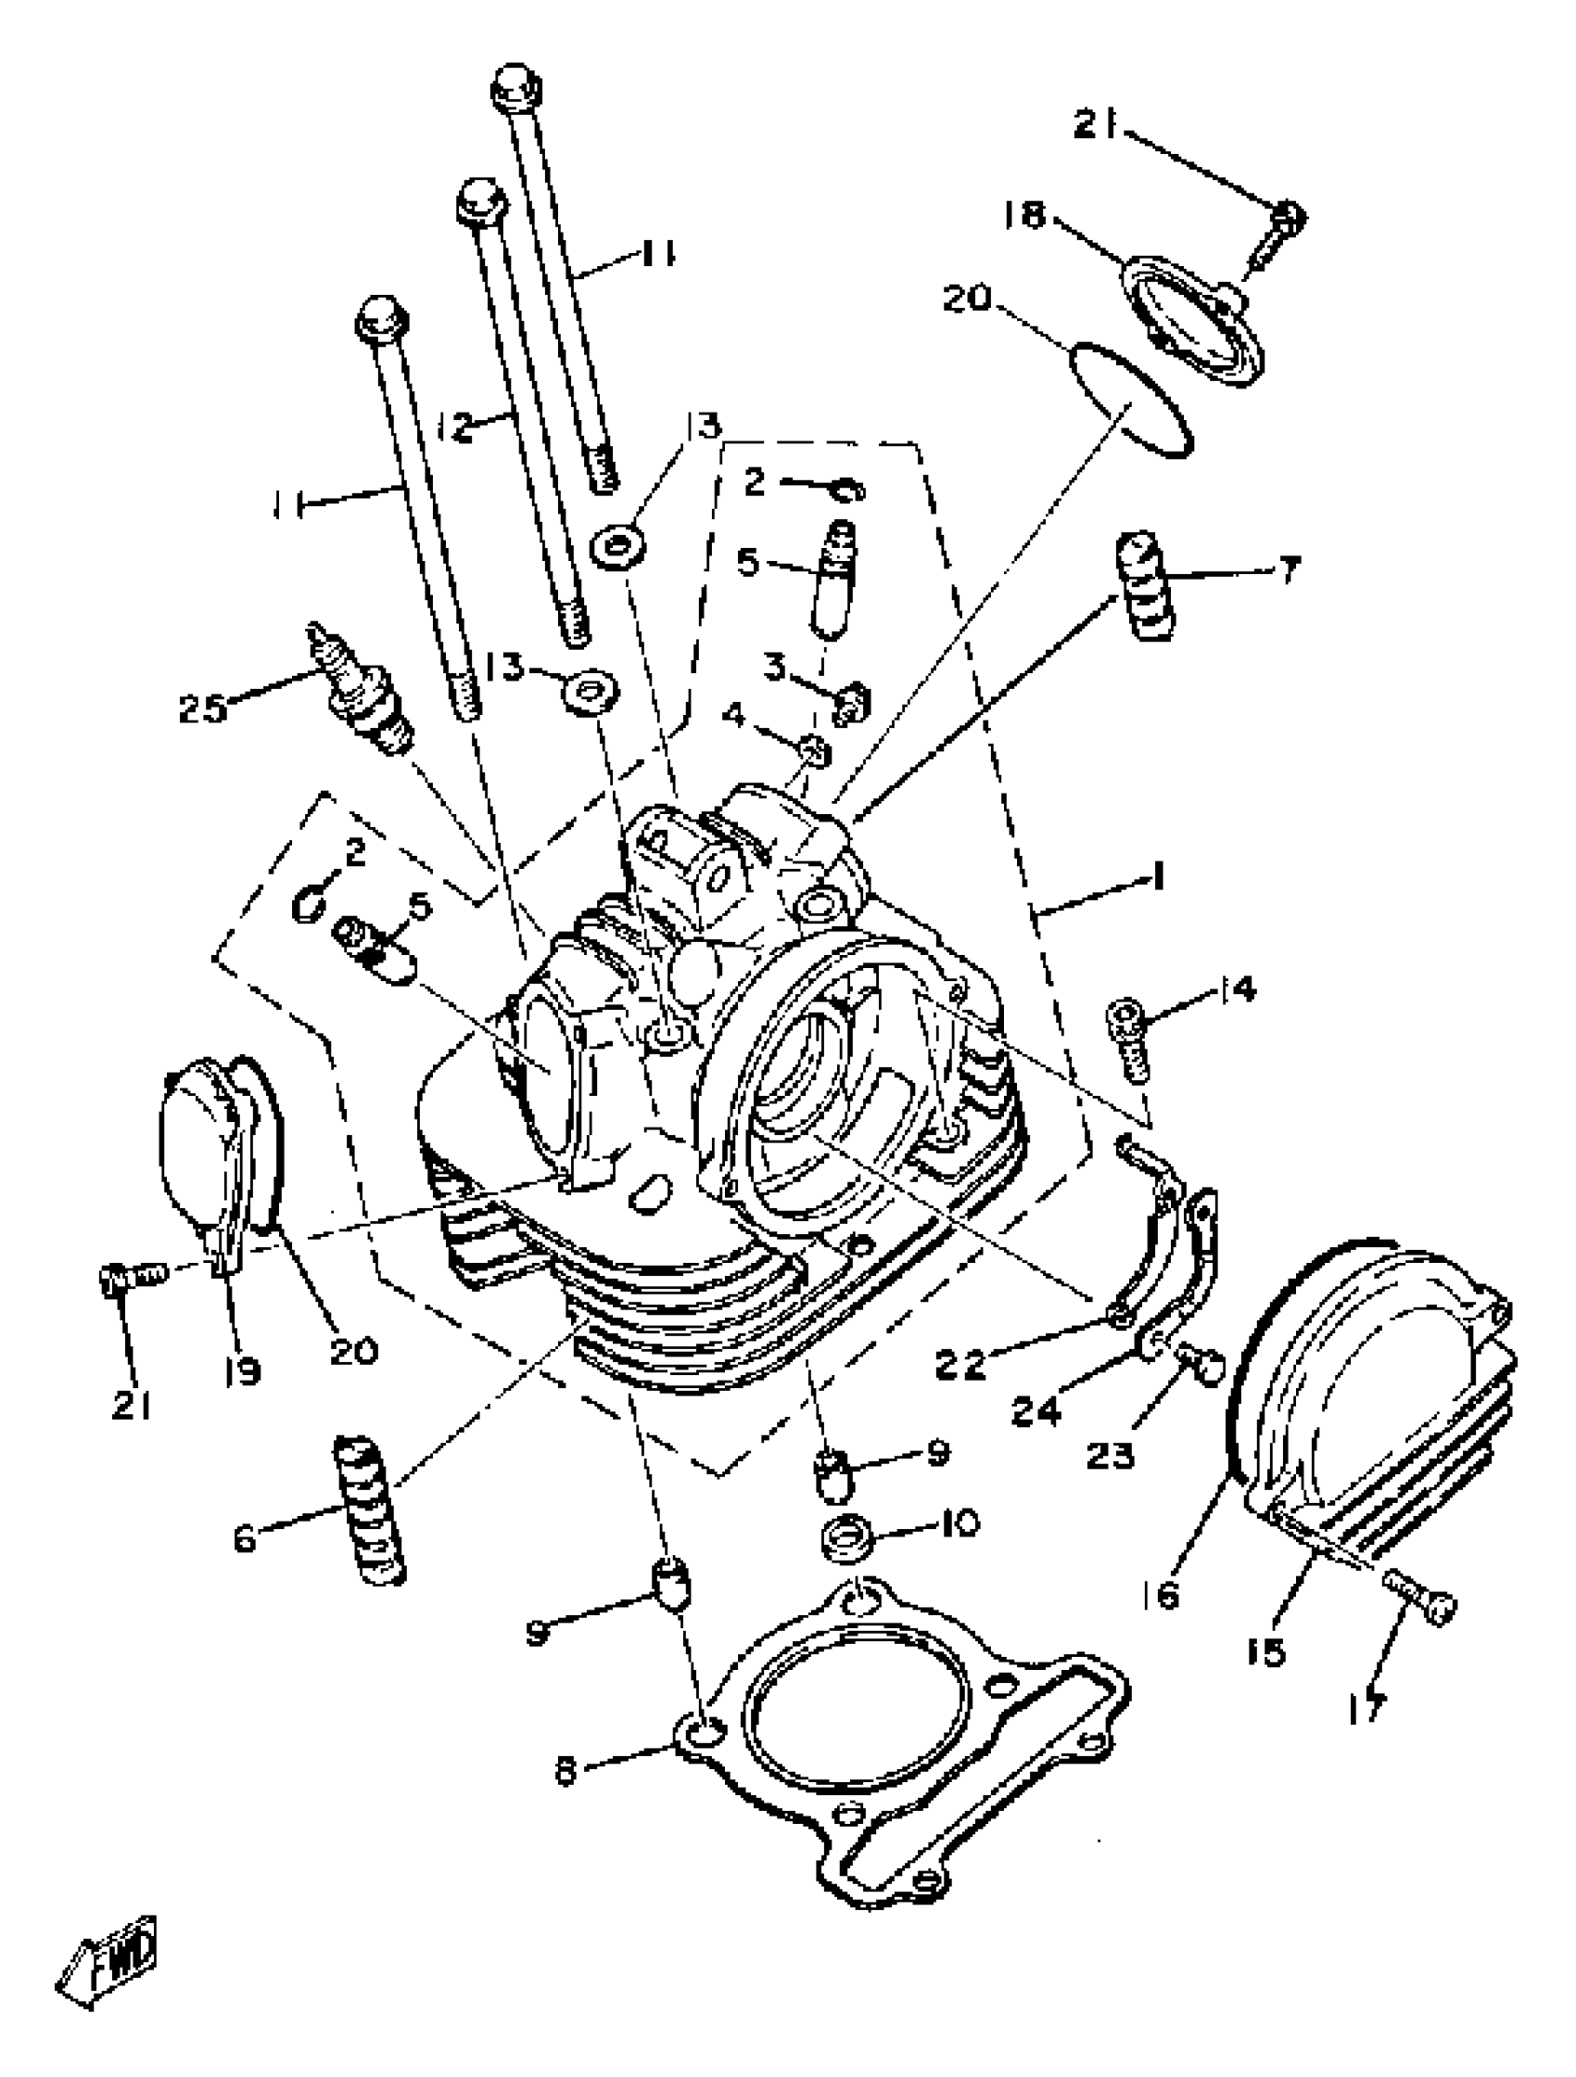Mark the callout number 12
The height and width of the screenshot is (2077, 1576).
point(455,428)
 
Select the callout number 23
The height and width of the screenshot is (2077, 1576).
point(1111,1456)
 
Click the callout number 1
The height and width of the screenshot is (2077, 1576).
point(1159,878)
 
